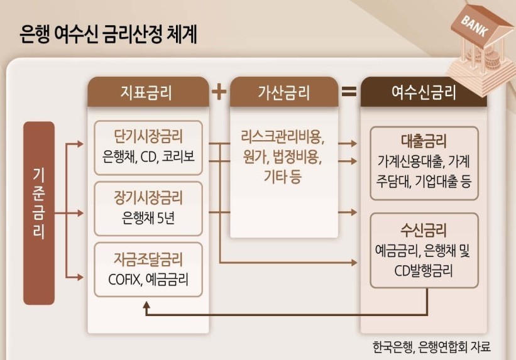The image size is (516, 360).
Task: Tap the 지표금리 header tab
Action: click(x=148, y=93)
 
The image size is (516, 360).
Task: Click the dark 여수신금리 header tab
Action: click(x=424, y=93)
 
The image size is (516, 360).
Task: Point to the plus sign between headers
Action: click(x=219, y=92)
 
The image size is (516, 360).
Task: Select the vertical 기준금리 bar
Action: click(x=39, y=213)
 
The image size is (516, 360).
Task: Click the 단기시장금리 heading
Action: click(x=148, y=136)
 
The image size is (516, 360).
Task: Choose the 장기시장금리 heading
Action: click(x=148, y=198)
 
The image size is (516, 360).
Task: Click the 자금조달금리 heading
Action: click(x=148, y=259)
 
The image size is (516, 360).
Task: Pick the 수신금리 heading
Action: click(x=424, y=229)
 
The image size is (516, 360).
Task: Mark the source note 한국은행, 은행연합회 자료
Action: click(x=431, y=346)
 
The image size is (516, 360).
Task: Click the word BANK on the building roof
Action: click(x=476, y=25)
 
